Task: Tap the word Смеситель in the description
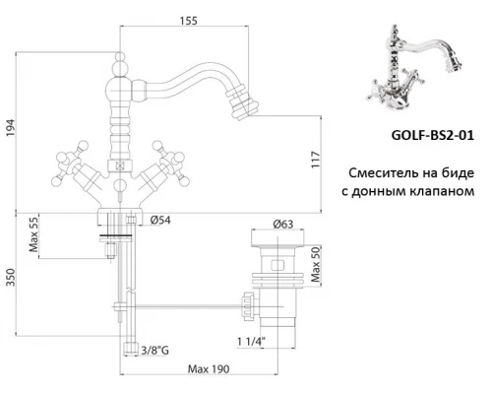pos(383,168)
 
